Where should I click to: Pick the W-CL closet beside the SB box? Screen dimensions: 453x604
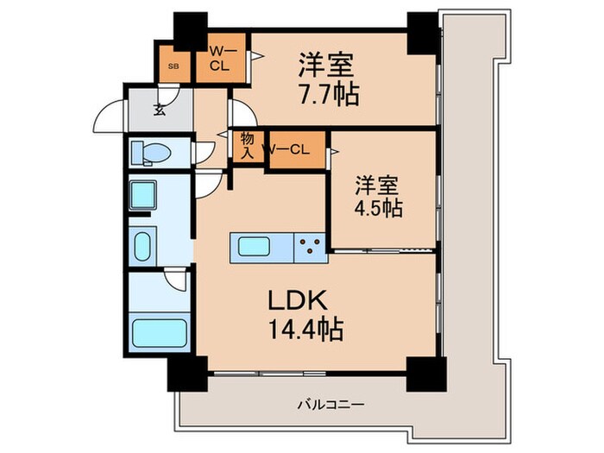219,58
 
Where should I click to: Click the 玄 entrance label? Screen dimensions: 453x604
160,110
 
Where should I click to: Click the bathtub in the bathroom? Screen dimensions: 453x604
159,332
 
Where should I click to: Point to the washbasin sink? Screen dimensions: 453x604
142,244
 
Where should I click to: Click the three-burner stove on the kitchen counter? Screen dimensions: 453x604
309,247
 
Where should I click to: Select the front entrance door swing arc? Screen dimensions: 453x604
109,117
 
